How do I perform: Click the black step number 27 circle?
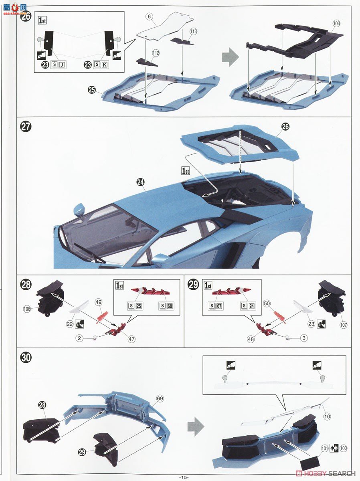coord(26,127)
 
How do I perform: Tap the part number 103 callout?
coord(336,24)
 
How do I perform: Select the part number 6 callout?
coord(149,16)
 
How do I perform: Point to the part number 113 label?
coord(194,31)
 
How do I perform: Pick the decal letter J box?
coord(62,65)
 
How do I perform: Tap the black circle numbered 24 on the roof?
coord(140,182)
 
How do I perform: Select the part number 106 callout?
coord(27,309)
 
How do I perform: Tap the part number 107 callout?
coord(343,325)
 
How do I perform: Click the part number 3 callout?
coord(304,338)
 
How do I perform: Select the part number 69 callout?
coord(160,398)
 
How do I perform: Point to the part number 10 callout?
coord(327,416)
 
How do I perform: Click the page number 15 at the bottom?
coord(184,477)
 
